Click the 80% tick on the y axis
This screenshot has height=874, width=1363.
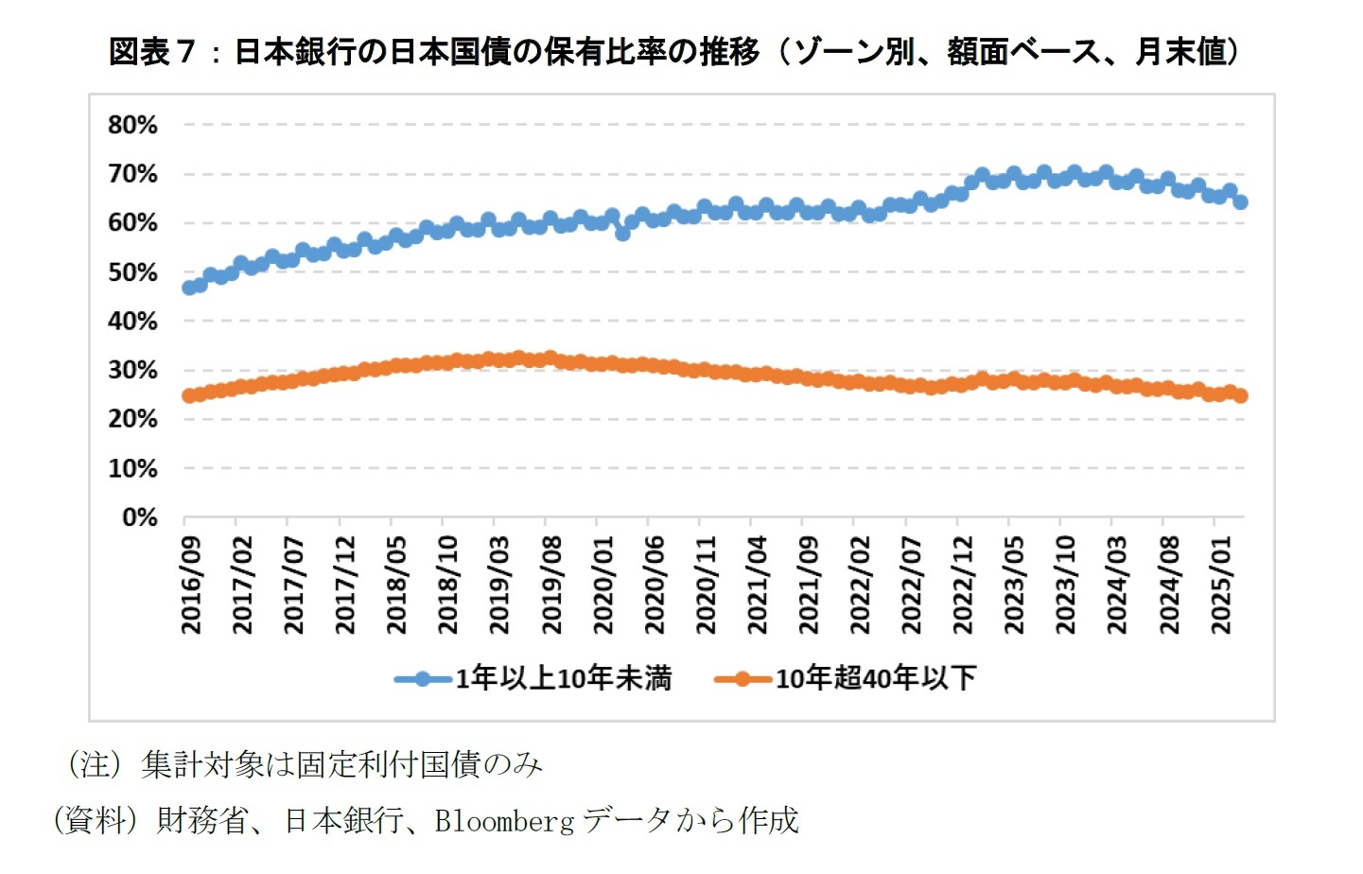(132, 125)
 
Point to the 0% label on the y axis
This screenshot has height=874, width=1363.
(139, 517)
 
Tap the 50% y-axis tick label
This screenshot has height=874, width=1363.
(132, 272)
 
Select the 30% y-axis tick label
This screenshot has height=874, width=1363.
(132, 370)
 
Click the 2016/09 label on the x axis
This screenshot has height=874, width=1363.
(192, 586)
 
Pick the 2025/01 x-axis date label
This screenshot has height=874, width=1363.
(1222, 586)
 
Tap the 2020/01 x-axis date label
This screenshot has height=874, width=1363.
(603, 586)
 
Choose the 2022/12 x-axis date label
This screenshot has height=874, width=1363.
(964, 586)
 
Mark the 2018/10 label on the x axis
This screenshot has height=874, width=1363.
(449, 586)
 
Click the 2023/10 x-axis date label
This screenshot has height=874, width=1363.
(1067, 586)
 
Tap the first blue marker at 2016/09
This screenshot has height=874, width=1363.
(189, 287)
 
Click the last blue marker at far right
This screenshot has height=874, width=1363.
(1240, 201)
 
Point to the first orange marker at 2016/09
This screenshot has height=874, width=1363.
(189, 395)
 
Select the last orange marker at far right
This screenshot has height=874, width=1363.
(1240, 395)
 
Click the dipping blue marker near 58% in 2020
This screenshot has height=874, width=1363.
(622, 233)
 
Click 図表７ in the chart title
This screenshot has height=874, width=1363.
(151, 51)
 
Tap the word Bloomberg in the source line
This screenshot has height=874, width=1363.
(504, 821)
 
